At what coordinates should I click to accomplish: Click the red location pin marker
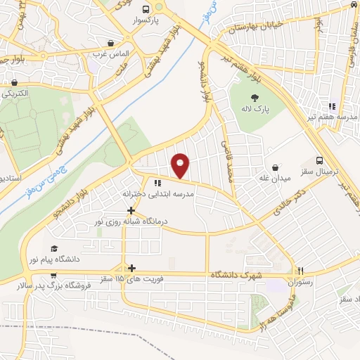pos(181,165)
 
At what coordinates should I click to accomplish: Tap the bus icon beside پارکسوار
pos(146,10)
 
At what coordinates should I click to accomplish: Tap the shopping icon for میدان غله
pos(275,167)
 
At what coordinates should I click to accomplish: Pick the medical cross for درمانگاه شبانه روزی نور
pos(131,210)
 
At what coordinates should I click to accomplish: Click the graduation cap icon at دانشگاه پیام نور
pos(55,249)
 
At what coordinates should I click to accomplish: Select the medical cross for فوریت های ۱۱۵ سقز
pos(131,267)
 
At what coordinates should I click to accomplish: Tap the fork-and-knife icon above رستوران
pos(300,271)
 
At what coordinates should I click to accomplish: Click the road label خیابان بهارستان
pos(255,29)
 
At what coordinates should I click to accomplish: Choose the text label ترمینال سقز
pos(319,172)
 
